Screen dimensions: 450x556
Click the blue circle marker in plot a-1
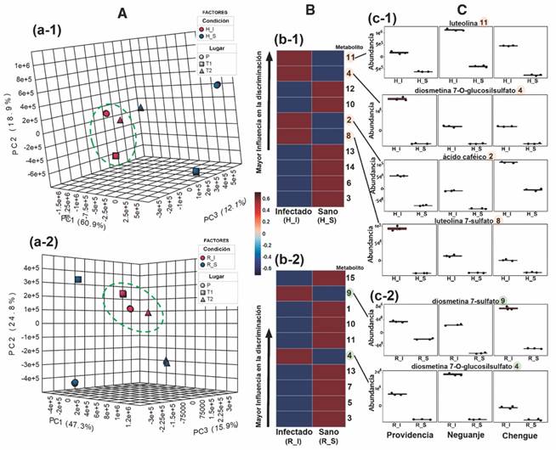218,85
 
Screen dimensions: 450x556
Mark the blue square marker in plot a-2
77,279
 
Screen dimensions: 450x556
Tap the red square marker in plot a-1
115,156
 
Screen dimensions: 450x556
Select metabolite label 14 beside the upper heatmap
351,166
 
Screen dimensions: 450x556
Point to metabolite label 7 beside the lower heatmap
351,385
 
